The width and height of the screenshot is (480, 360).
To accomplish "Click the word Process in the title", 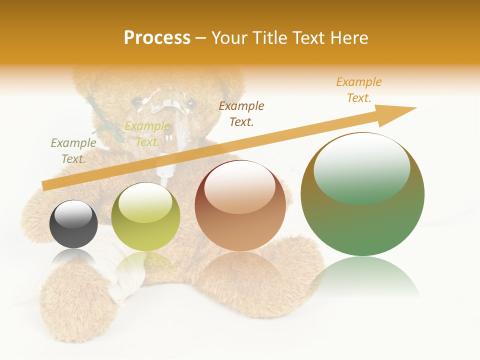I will click(x=157, y=38).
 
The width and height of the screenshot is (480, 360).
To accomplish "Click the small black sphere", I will click(x=73, y=225).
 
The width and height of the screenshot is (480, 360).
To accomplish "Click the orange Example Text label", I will click(x=359, y=90).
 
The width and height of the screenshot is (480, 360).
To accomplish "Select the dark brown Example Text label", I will click(x=241, y=113).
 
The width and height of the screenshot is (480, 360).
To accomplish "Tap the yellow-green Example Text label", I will click(x=147, y=134).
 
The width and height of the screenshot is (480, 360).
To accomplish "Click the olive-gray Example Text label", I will click(x=73, y=150).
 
